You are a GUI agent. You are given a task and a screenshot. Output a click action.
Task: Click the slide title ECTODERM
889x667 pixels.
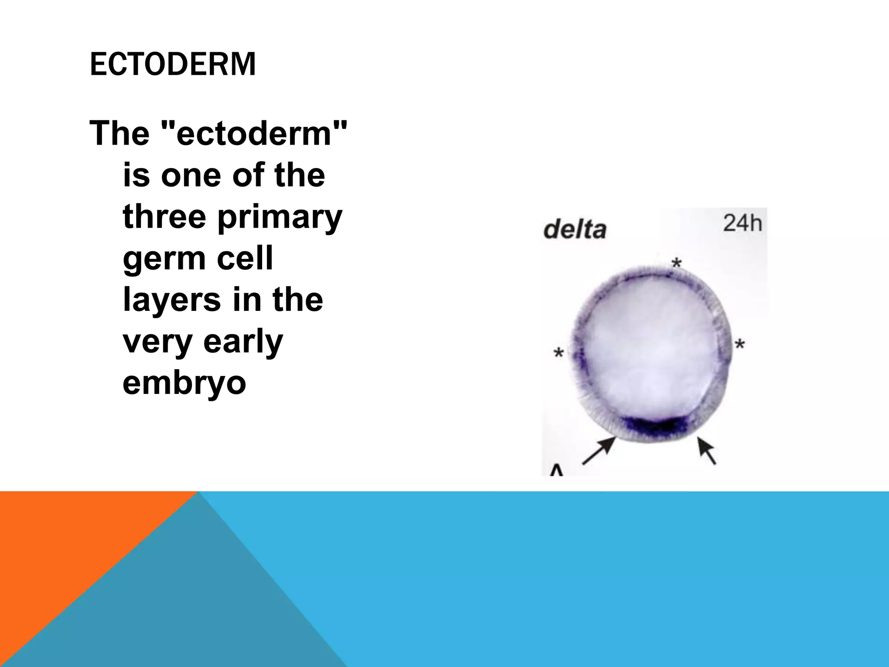(x=172, y=64)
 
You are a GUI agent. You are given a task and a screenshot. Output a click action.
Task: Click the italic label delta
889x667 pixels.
(x=574, y=229)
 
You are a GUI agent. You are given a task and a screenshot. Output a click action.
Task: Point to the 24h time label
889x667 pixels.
(x=742, y=223)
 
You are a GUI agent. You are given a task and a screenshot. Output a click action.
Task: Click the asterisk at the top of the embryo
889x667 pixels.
(x=676, y=263)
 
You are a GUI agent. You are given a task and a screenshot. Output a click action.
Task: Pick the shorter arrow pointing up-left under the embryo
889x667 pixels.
(x=706, y=450)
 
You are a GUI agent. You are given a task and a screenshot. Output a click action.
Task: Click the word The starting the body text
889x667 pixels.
(x=119, y=133)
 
